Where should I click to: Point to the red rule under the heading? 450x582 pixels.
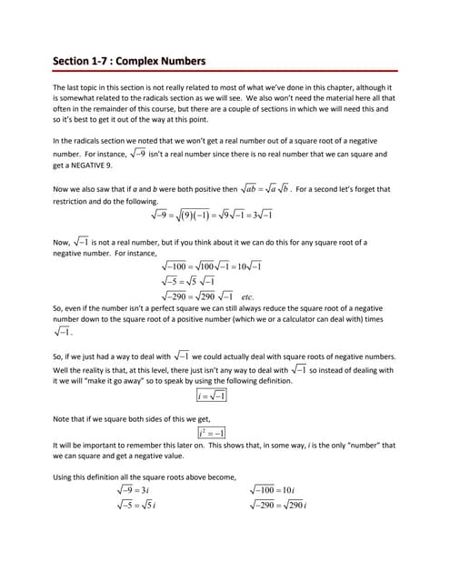[225, 71]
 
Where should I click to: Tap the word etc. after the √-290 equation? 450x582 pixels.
[247, 297]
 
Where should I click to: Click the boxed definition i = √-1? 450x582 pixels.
[212, 396]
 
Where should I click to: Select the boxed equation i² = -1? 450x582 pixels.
[212, 433]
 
